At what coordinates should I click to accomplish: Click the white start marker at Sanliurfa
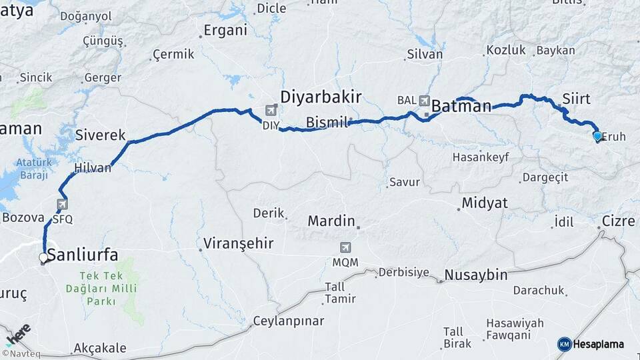click(43, 257)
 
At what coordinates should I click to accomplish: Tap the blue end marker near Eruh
click(597, 136)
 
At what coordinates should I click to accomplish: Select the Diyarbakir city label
click(321, 97)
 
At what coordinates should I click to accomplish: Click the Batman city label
click(461, 106)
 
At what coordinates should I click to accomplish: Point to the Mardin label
click(331, 221)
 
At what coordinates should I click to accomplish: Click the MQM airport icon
click(345, 247)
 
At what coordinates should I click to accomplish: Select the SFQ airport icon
click(63, 205)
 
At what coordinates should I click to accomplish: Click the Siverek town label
click(101, 135)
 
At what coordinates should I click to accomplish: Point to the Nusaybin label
click(476, 275)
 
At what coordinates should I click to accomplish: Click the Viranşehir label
click(238, 243)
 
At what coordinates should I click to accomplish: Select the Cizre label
click(618, 221)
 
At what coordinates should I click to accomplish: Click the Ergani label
click(225, 30)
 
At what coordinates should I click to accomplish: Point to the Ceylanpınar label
click(288, 321)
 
